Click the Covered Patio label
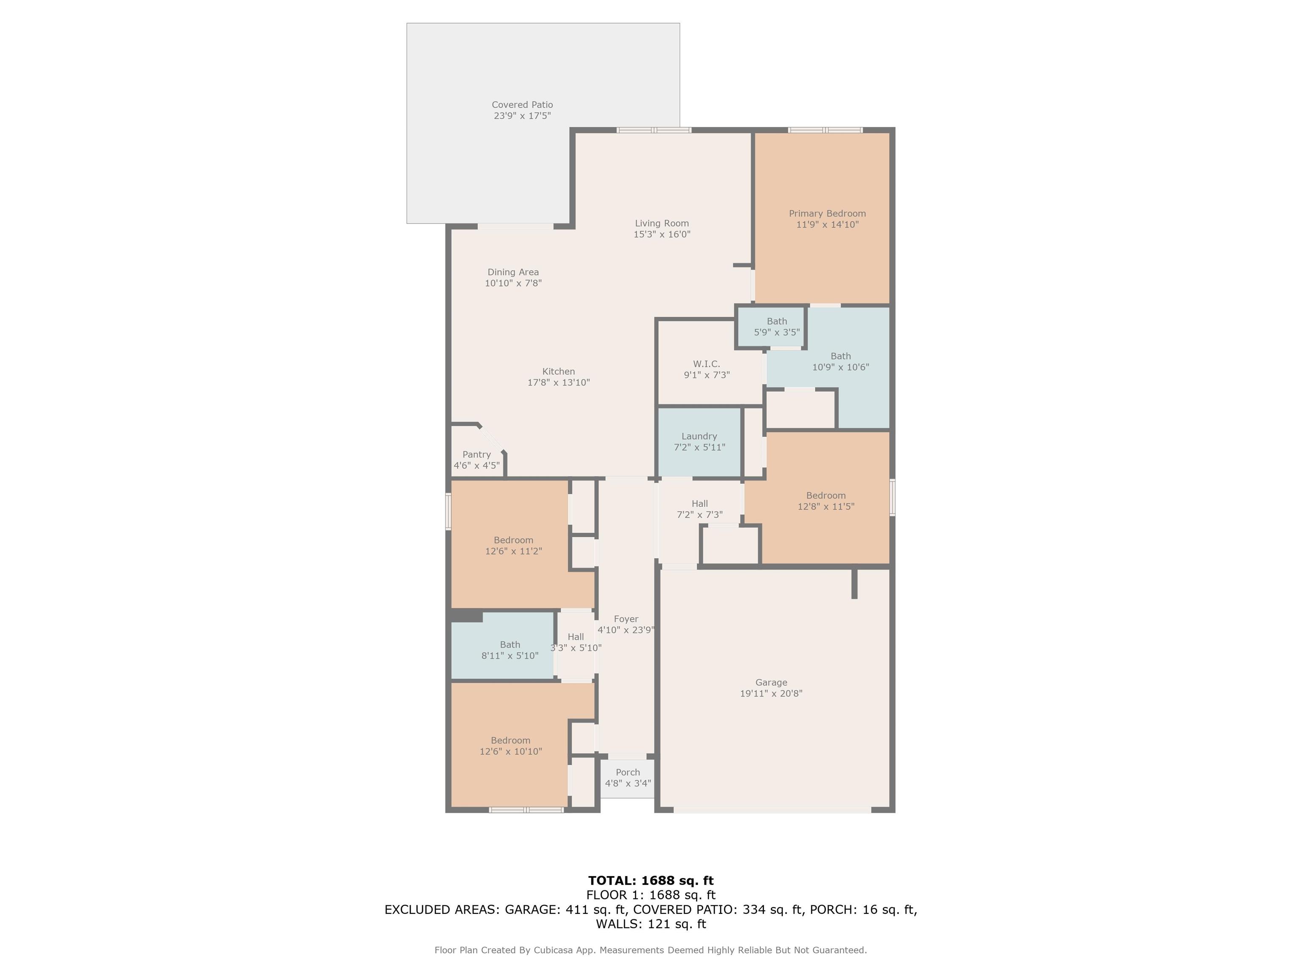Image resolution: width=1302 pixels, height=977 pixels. click(522, 105)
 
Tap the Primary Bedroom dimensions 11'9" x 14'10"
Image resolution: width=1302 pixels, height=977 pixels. click(827, 224)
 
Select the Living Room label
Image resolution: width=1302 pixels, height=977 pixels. click(662, 223)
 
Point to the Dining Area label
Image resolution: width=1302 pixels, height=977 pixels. click(513, 272)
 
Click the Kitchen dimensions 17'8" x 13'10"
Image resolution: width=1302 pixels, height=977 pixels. click(558, 382)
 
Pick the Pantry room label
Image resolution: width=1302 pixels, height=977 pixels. click(476, 455)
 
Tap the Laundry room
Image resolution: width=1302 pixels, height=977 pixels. click(698, 442)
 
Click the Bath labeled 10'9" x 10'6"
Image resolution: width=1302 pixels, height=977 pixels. click(840, 362)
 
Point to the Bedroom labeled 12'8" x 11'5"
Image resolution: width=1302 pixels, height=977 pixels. click(825, 500)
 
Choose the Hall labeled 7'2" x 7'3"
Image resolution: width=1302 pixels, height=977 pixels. click(699, 509)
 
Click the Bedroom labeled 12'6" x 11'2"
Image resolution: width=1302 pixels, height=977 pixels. click(513, 545)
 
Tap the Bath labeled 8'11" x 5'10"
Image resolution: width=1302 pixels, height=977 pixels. click(510, 650)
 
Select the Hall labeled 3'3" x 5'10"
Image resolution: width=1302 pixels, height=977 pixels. click(576, 642)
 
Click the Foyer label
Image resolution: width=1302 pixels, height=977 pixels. click(626, 619)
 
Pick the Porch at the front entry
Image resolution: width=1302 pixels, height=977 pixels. click(627, 777)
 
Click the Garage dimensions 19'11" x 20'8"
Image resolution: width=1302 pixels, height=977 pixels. click(771, 693)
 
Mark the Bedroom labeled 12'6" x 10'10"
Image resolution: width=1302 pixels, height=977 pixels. click(510, 745)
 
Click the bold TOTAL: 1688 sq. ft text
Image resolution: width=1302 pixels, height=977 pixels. click(651, 880)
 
